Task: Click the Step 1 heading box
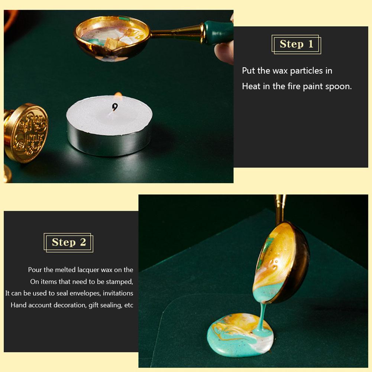tap(296, 44)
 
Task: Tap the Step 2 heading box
tap(68, 242)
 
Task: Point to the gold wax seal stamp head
tap(27, 133)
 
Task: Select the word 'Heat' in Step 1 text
tap(250, 87)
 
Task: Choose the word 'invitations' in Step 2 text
tap(118, 293)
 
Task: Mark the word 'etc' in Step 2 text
tap(129, 305)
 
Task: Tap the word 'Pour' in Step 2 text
tap(34, 270)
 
